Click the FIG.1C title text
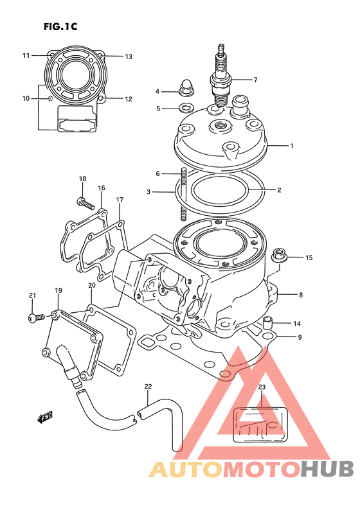click(60, 26)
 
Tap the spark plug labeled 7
click(221, 76)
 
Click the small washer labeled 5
click(186, 107)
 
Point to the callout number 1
click(292, 146)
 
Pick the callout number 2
click(279, 190)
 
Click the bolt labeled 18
click(86, 203)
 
